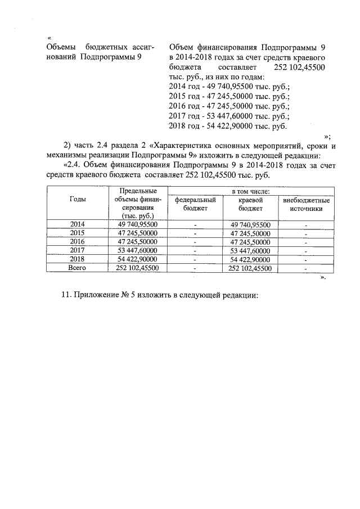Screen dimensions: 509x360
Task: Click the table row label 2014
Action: click(x=77, y=224)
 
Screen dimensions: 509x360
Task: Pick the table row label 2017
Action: click(x=77, y=250)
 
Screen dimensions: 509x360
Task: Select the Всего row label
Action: click(x=77, y=268)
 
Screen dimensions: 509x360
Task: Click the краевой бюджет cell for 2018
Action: click(x=250, y=259)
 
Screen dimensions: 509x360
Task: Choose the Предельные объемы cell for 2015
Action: click(x=138, y=233)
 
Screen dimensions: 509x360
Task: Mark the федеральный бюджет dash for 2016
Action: click(x=196, y=242)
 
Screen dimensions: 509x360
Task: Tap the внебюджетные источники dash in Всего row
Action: click(x=306, y=269)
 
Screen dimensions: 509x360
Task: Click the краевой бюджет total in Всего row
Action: click(x=250, y=268)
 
